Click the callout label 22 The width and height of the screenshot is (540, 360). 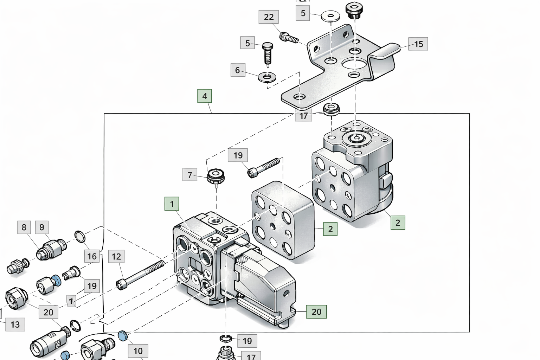269,17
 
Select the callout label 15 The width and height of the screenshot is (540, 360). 418,44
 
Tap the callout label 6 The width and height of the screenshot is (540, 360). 237,70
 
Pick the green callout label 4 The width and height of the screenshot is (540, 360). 204,96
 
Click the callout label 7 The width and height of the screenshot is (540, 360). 189,175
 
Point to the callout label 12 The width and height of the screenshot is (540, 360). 116,257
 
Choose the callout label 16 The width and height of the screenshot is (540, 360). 92,256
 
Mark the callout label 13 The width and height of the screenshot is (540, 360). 15,324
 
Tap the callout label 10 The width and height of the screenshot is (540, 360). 138,351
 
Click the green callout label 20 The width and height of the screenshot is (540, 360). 316,311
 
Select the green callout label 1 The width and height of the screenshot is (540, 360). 172,204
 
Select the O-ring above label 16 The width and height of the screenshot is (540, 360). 80,237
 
